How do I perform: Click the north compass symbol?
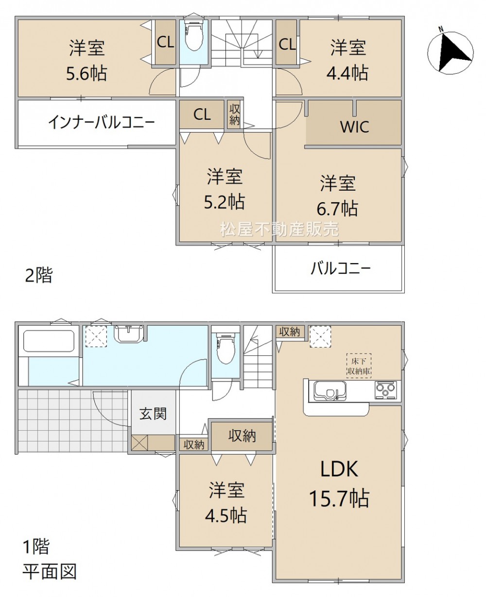450,53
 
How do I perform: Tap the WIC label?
354,127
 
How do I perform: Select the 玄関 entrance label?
153,414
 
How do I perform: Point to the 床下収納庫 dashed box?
359,365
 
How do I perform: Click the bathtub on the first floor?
49,341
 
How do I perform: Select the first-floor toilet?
226,348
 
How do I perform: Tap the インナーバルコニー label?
102,122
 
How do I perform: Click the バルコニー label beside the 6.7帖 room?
341,268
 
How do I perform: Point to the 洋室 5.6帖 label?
87,61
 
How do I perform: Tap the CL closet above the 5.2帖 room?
202,115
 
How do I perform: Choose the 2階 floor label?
39,275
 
